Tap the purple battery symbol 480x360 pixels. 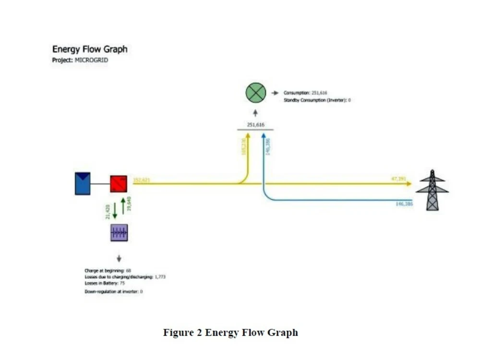pos(119,232)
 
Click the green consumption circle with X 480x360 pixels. pos(256,92)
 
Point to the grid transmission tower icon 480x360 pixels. pos(432,190)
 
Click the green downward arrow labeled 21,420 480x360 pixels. pos(115,212)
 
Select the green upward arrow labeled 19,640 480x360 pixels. pos(123,205)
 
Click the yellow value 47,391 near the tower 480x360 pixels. pos(398,179)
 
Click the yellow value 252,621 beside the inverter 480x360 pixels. pos(142,180)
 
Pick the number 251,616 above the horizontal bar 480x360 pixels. pos(256,124)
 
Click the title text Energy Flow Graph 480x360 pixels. pos(90,49)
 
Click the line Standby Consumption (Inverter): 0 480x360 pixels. pos(317,100)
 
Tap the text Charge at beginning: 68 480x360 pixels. pos(105,271)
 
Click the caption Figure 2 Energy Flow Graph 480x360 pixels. pos(230,333)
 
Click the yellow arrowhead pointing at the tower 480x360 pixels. pos(409,184)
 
